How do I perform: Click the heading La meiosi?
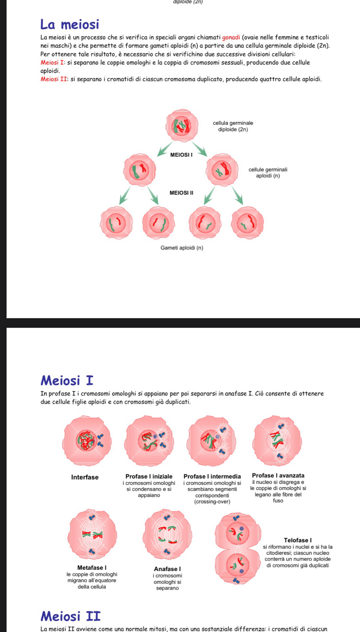[70, 25]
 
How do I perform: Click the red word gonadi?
[231, 37]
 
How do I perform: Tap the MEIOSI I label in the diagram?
[181, 155]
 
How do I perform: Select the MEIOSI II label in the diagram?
[181, 193]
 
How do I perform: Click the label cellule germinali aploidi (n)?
[268, 173]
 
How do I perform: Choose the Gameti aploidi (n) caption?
[182, 248]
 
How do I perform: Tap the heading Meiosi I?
[67, 381]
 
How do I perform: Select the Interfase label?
[85, 477]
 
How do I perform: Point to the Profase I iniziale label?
[149, 476]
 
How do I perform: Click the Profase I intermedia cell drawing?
[211, 440]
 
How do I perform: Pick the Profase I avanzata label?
[278, 475]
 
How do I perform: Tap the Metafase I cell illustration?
[92, 534]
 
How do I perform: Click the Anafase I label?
[167, 569]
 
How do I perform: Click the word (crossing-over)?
[212, 501]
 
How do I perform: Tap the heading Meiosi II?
[71, 616]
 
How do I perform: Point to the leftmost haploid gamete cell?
[117, 223]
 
